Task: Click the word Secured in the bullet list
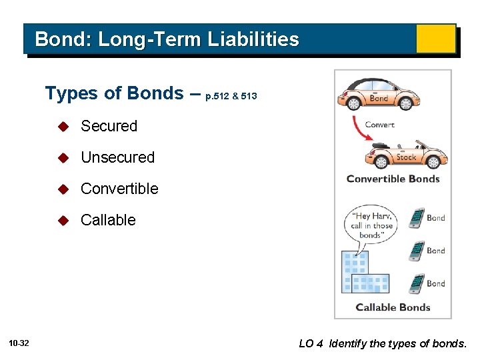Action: (109, 126)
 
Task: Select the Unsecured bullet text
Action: (117, 157)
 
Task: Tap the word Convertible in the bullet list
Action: (119, 189)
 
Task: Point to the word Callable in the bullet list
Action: (108, 220)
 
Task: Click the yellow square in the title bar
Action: (435, 39)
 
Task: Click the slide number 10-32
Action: (19, 343)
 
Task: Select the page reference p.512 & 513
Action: (231, 97)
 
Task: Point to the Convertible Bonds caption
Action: (393, 179)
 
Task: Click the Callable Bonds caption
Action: (393, 307)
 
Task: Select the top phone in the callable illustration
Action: (417, 218)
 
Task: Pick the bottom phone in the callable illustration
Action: (417, 283)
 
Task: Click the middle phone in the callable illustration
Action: (417, 251)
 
